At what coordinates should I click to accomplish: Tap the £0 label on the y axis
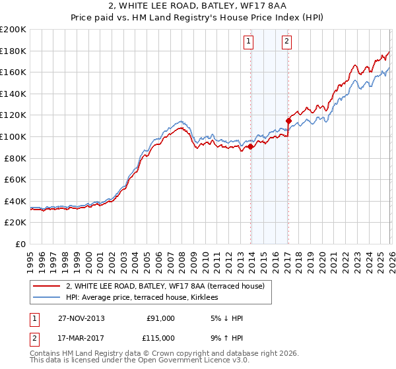click(20, 244)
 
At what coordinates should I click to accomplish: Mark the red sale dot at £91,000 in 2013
click(251, 147)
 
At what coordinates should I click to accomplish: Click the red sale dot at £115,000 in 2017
click(289, 121)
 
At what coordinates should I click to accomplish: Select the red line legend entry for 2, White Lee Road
click(165, 286)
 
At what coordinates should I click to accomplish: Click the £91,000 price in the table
click(160, 318)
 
